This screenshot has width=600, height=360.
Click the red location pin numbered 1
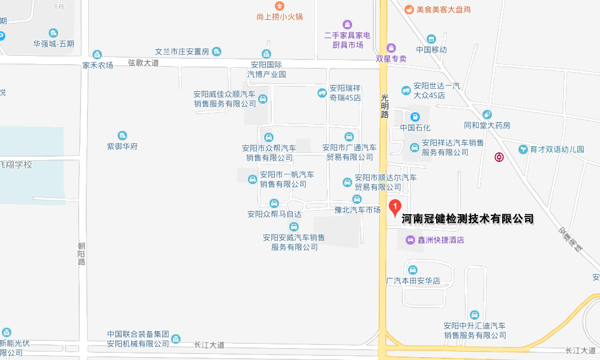(x=395, y=207)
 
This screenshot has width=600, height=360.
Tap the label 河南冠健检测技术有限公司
(x=467, y=219)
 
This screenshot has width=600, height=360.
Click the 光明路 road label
(x=385, y=106)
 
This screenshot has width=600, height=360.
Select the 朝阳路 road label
(x=82, y=253)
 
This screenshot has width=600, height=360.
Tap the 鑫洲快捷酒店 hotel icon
(x=410, y=240)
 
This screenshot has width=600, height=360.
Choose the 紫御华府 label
(x=122, y=146)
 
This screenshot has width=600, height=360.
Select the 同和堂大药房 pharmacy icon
(x=487, y=115)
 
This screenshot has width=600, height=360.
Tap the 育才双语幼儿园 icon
(x=523, y=149)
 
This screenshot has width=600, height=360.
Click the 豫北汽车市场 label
(x=358, y=210)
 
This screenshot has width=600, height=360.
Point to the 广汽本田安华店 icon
(x=413, y=269)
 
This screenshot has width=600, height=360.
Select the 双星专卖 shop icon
(x=391, y=47)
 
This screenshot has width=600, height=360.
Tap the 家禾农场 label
(x=98, y=65)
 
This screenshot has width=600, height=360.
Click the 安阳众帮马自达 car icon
(x=274, y=203)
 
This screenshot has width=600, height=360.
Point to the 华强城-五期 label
(x=53, y=43)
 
